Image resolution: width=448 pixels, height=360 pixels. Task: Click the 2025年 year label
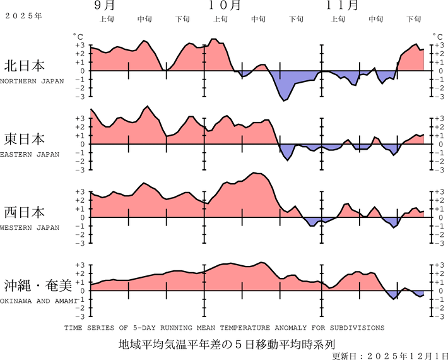coord(23,15)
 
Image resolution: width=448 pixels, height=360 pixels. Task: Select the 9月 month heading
coord(105,6)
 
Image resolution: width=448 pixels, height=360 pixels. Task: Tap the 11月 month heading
coord(343,6)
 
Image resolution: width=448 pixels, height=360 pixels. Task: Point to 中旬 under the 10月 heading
coord(258,19)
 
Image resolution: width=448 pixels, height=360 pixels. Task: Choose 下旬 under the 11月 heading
coord(414,19)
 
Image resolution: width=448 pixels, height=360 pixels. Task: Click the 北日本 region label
coord(25,66)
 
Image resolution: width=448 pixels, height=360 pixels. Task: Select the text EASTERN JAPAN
coord(30,154)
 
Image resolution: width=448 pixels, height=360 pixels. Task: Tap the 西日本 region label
coord(25,212)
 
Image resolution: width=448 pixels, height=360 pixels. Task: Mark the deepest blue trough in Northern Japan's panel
coord(285,100)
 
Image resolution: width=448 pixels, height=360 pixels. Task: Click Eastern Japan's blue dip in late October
coord(288,159)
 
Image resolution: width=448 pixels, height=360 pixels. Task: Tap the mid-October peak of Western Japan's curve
coord(256,173)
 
